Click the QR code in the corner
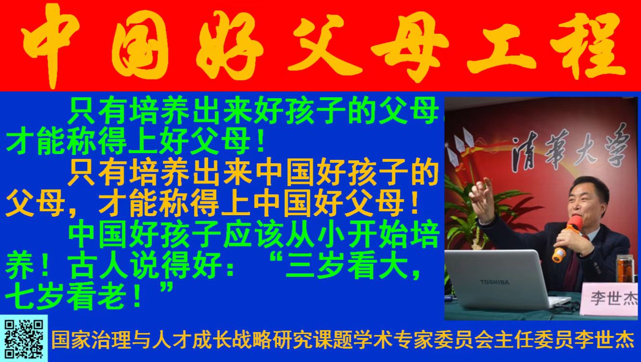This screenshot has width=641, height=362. tap(24, 339)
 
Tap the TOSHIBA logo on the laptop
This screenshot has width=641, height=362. tap(495, 282)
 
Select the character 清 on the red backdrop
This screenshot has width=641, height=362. tap(525, 155)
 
